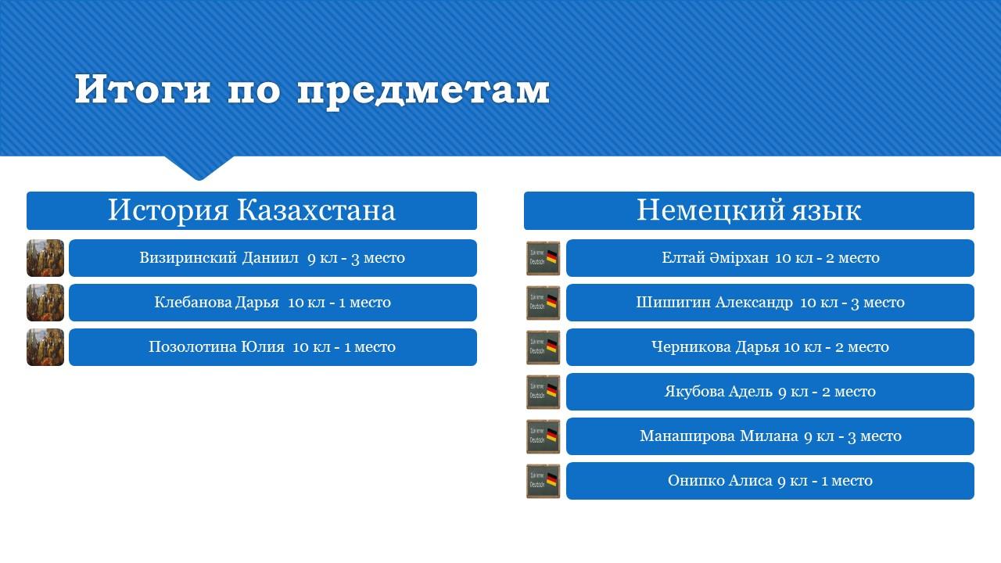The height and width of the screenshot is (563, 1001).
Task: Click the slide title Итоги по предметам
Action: (312, 90)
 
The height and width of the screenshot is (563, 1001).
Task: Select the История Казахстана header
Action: (252, 210)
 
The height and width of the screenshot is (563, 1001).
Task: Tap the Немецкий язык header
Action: (749, 210)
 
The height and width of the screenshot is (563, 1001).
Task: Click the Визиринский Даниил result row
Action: (273, 258)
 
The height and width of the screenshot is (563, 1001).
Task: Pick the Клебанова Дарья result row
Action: (273, 303)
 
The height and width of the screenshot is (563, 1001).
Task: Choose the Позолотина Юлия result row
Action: (273, 347)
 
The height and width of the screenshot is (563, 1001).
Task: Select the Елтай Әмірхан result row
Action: (770, 258)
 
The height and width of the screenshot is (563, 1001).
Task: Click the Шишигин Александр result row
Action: (770, 303)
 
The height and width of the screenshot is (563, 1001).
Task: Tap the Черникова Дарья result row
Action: (770, 347)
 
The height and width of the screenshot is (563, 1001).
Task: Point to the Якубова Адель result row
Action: (770, 392)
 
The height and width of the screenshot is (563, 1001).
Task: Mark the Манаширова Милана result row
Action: (770, 436)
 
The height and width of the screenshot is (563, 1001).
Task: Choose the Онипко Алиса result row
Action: (770, 481)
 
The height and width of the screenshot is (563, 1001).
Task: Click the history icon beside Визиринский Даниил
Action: (45, 258)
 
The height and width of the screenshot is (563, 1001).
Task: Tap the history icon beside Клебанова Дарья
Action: (45, 303)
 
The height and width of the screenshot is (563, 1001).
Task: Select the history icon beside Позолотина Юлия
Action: (45, 347)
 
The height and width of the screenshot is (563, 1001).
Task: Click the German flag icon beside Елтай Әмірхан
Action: (543, 258)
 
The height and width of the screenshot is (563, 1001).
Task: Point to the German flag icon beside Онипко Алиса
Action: (543, 481)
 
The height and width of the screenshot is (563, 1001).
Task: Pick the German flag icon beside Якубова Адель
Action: (543, 392)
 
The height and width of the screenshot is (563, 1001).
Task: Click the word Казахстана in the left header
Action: (316, 210)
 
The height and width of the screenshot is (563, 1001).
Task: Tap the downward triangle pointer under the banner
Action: (199, 167)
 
